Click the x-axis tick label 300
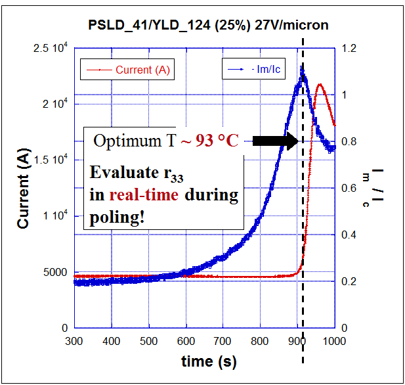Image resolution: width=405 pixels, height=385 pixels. (74, 341)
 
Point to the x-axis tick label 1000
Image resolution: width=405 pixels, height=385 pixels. (334, 341)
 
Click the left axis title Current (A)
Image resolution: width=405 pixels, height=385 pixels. (24, 188)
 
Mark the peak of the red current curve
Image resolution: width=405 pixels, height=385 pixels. (320, 84)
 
